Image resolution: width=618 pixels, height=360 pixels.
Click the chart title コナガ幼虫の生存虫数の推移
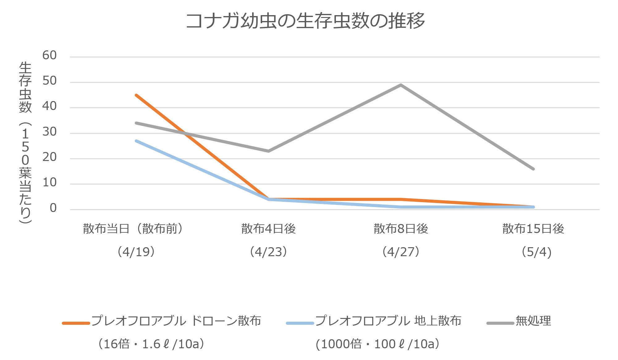pos(305,21)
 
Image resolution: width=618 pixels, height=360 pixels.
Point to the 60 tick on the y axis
pos(49,56)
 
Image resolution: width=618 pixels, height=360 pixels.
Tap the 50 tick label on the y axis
pos(49,81)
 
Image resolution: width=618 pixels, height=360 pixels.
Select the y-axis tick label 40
pos(49,106)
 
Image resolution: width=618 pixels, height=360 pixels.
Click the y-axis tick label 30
pos(49,132)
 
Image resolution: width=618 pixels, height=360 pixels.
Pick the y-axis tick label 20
pos(49,157)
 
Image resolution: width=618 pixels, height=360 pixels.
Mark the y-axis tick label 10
pos(49,183)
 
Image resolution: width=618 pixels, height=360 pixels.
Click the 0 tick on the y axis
pos(53,208)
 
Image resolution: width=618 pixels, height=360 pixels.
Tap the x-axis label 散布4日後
pos(269,229)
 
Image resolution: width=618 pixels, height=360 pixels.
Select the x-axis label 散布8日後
pos(401,229)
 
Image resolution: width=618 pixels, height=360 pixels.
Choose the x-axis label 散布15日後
pos(533,229)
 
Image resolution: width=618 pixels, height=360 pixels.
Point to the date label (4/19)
pos(136,252)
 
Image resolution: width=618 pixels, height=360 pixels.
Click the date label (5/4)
pos(536,252)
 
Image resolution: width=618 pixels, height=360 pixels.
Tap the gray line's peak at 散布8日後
pos(401,85)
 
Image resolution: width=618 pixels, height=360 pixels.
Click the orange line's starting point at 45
pos(136,95)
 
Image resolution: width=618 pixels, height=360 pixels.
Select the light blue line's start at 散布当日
pos(136,141)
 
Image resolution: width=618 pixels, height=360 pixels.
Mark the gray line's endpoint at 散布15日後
pos(533,169)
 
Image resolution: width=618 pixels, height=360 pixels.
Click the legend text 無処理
pos(533,321)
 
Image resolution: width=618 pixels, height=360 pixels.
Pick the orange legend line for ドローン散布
pos(76,323)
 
